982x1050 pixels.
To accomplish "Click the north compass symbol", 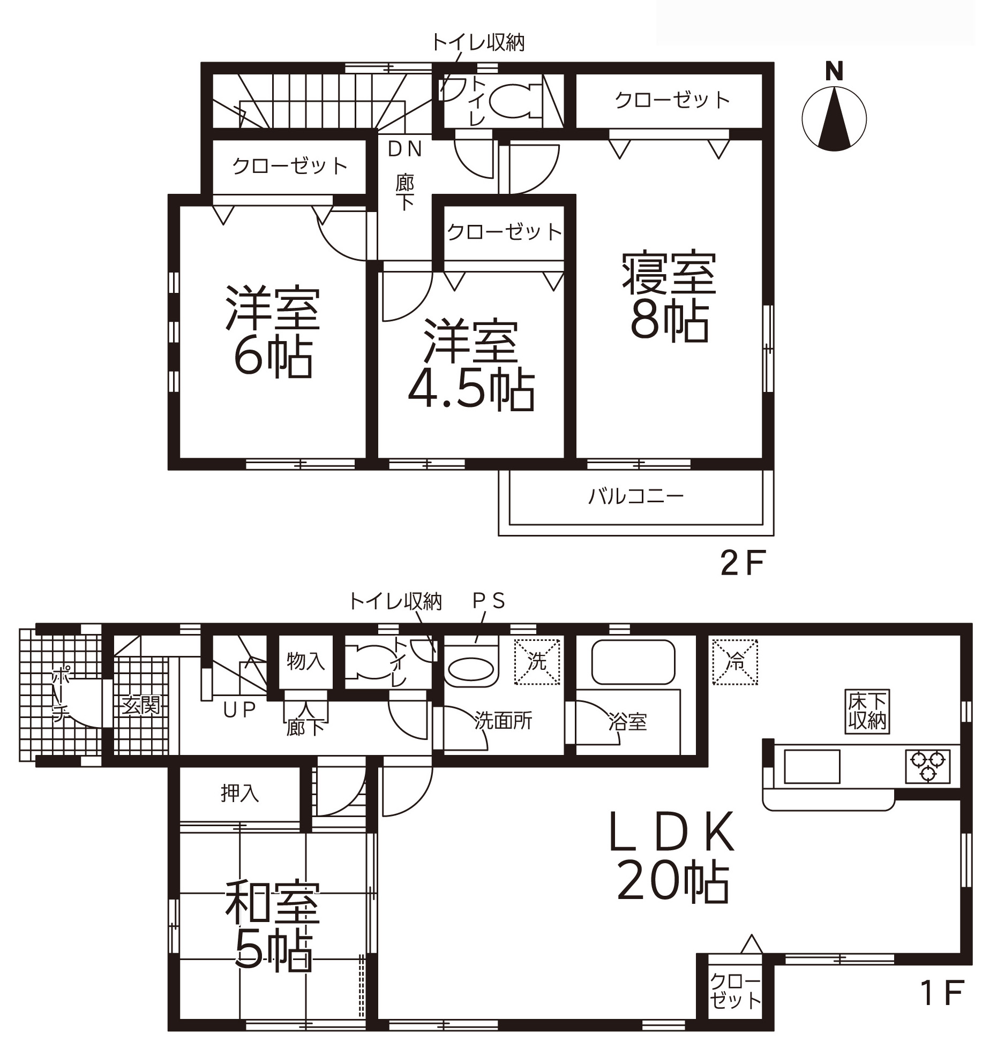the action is (834, 110).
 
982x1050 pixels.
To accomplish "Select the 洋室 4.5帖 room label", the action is (471, 365).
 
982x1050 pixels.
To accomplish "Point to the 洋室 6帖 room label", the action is (273, 333).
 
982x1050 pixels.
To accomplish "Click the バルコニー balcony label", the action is (636, 497).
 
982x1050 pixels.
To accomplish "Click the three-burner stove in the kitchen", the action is (928, 766).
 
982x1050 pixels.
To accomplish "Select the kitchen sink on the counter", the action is (812, 766).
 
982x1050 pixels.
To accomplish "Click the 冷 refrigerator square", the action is (735, 662).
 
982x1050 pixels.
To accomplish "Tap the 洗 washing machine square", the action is (537, 662).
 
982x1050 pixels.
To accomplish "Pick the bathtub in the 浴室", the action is (633, 662).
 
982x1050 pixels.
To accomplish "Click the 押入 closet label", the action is (239, 793).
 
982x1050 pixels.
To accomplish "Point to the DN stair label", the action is (405, 149).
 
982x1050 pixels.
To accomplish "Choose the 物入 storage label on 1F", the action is (305, 661).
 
